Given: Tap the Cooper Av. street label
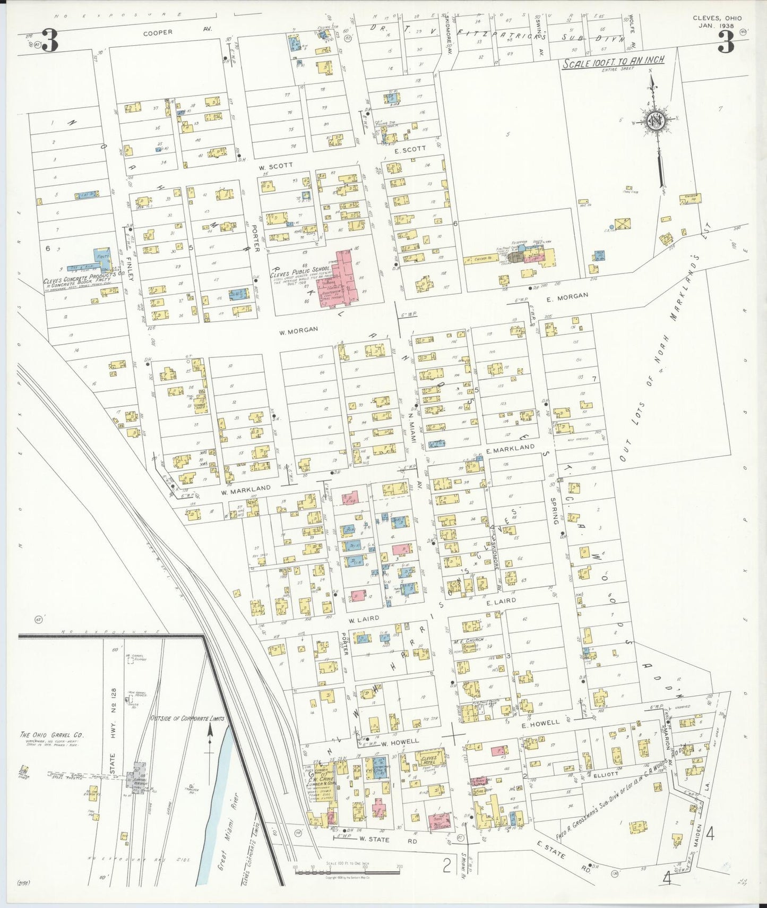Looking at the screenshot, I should coord(158,32).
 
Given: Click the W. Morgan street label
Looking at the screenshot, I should coord(299,330).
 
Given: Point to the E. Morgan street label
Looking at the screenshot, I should coord(567,297).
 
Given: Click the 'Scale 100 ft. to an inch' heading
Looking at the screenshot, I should coord(613,61).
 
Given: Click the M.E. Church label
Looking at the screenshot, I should coord(467,641).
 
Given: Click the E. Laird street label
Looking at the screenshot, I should coord(501,601).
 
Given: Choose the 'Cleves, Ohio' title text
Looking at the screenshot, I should coord(717,18).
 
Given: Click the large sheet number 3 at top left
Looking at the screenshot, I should coord(49,41).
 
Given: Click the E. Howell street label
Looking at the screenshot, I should coord(540,723).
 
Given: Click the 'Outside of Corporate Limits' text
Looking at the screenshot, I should coord(187,718).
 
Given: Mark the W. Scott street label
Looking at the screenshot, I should coord(275,166).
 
